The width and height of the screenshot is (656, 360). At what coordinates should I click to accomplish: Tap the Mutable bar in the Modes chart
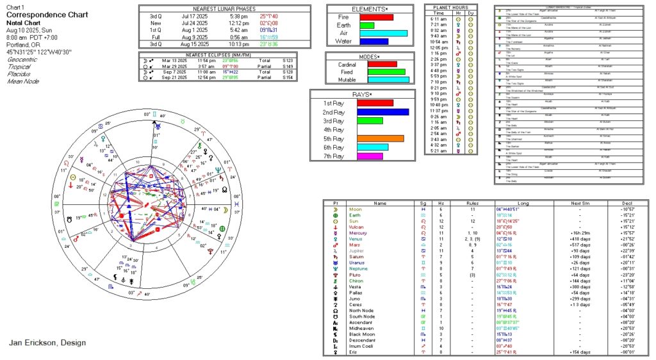(388, 80)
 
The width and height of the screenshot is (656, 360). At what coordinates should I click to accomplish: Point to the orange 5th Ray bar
(381, 138)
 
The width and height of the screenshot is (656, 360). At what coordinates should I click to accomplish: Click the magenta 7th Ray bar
(370, 156)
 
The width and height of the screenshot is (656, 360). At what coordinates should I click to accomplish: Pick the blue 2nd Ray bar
(383, 112)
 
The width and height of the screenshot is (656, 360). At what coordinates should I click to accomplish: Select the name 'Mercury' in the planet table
(380, 233)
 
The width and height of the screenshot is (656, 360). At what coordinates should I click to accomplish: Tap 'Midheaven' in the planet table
(383, 327)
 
